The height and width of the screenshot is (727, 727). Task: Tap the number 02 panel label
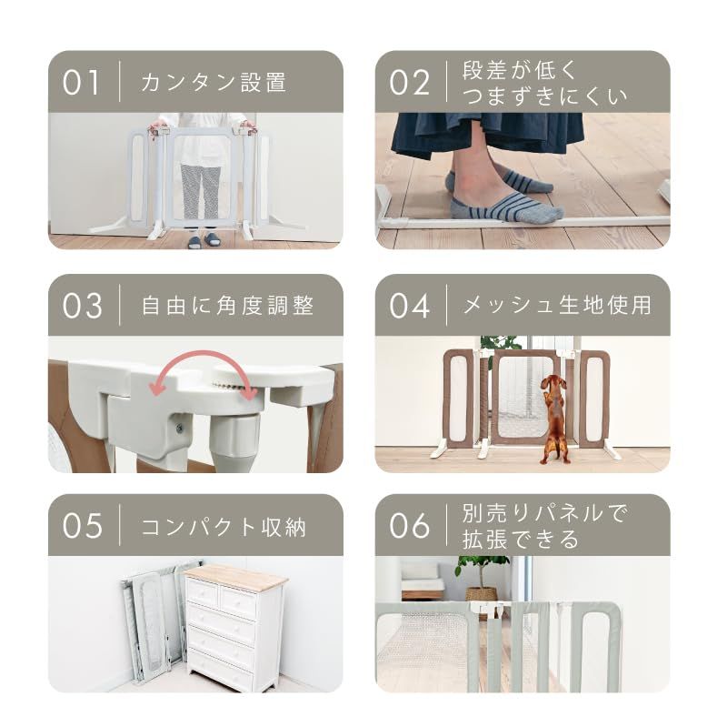pos(408,82)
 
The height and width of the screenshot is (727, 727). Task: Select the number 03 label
pos(82,305)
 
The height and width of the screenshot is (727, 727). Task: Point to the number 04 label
pos(409,305)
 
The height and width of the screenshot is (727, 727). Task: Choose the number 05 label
pos(81,526)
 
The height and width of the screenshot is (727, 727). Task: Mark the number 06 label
pos(409,526)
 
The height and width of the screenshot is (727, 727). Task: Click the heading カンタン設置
pos(214,82)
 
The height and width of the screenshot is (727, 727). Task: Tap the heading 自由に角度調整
pos(227,305)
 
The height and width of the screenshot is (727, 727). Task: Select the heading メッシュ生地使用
pos(557,305)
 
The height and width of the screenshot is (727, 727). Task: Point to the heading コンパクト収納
pos(224,526)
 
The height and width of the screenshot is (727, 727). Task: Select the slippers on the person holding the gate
pos(202,241)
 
